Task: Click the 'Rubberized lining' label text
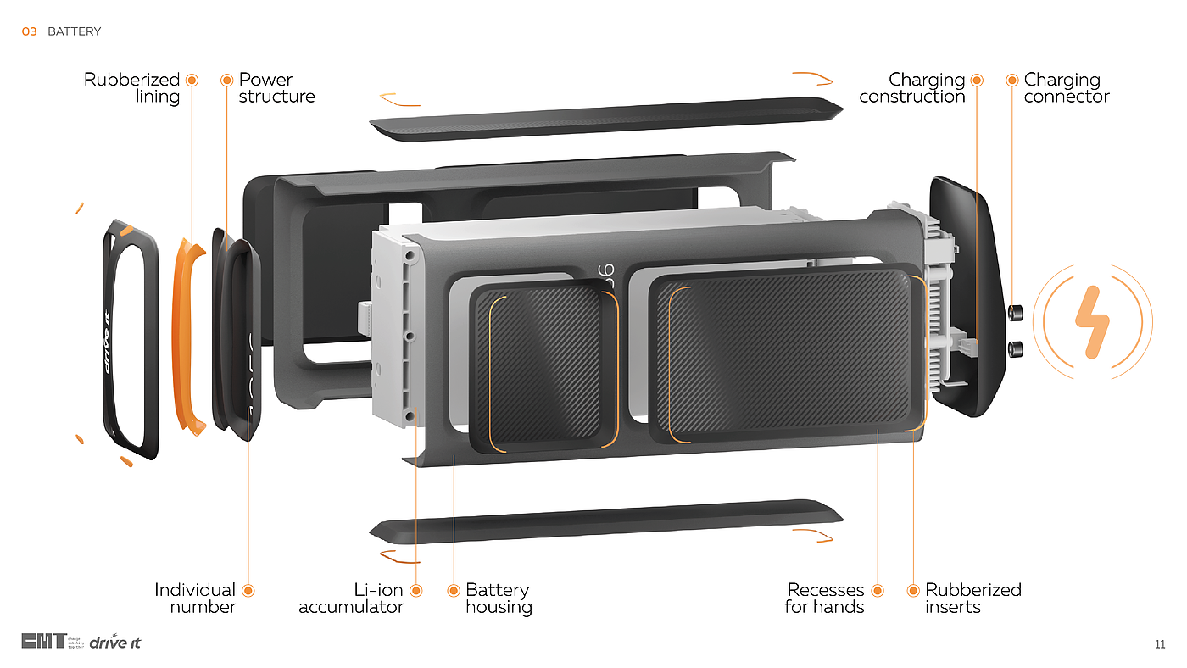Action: pos(132,88)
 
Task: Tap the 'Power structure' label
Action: pos(276,88)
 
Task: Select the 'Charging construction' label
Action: pos(912,88)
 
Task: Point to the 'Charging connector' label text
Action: pos(1066,88)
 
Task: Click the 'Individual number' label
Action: pos(195,598)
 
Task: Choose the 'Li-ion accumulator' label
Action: pos(351,598)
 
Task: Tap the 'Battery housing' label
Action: pos(499,598)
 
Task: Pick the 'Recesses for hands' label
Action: pos(825,598)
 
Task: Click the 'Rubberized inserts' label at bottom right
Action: pos(972,598)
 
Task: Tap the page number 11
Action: pos(1160,644)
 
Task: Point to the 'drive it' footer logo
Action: pos(115,642)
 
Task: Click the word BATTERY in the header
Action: pos(75,31)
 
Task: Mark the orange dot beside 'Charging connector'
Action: pos(1012,81)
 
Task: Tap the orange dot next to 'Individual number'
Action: pos(248,591)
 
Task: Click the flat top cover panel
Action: pos(605,120)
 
